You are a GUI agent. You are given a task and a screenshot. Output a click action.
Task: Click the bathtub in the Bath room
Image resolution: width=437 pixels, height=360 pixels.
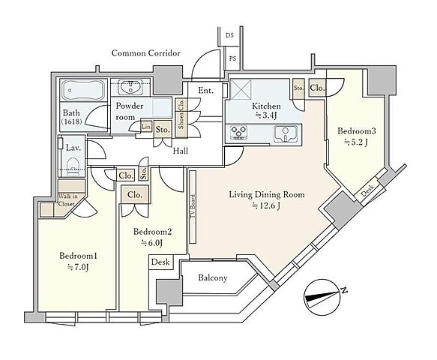pyautogui.click(x=83, y=90)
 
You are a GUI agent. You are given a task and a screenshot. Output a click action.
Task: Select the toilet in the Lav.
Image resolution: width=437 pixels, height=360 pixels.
pyautogui.click(x=73, y=166)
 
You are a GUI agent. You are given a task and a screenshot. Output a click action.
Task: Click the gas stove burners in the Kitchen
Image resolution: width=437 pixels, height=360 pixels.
pyautogui.click(x=239, y=133)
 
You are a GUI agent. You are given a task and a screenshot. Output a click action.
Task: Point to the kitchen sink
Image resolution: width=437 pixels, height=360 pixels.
pyautogui.click(x=286, y=133)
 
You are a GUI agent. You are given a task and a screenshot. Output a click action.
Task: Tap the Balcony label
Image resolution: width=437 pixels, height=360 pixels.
pyautogui.click(x=213, y=277)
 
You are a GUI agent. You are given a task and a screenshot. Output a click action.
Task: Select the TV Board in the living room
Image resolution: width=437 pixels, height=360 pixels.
pyautogui.click(x=193, y=206)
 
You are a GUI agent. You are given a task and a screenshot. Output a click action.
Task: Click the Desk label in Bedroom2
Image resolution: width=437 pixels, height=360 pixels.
pyautogui.click(x=160, y=262)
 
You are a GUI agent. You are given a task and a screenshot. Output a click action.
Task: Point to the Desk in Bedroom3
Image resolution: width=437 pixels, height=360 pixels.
pyautogui.click(x=367, y=191)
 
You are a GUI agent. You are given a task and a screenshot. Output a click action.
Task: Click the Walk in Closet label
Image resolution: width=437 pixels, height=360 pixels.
pyautogui.click(x=67, y=200)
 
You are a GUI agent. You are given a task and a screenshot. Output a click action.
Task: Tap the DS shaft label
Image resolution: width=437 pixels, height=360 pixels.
pyautogui.click(x=229, y=35)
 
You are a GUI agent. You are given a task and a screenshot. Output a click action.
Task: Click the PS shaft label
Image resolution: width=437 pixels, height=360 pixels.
pyautogui.click(x=232, y=58)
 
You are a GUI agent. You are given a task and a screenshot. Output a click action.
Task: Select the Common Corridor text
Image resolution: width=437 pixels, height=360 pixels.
pyautogui.click(x=145, y=53)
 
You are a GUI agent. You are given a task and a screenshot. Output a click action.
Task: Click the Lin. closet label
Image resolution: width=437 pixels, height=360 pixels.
pyautogui.click(x=146, y=127)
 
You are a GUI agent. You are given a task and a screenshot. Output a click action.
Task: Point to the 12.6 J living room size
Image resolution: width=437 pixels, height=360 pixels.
pyautogui.click(x=266, y=205)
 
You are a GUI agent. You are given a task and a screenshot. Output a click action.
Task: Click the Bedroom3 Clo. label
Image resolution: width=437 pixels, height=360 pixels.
pyautogui.click(x=317, y=88)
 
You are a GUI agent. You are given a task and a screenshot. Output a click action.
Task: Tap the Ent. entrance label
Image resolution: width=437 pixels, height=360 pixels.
pyautogui.click(x=205, y=90)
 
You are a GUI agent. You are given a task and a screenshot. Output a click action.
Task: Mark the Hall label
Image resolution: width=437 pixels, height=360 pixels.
pyautogui.click(x=181, y=151)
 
